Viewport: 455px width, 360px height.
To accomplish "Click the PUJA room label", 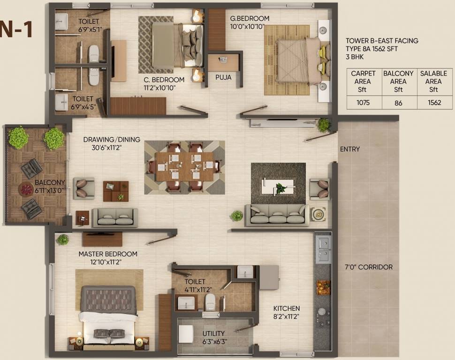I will coord(223,77).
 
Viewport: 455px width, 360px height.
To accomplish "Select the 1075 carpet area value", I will coord(363,102).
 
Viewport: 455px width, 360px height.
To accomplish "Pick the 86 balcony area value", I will coord(398,102).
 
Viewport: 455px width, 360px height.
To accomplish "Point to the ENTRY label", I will coord(350,149).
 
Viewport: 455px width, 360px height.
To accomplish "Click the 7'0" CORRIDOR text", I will coord(369,267).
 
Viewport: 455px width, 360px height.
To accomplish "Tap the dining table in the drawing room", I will coord(184,166).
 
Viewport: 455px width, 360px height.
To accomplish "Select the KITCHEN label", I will coord(287,308).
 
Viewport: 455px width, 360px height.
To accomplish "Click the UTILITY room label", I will coord(213,333).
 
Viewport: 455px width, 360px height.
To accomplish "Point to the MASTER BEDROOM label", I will coord(108,254).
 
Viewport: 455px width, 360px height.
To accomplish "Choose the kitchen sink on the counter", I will coord(323,249).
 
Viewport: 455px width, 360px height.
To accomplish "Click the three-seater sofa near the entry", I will coord(277,215).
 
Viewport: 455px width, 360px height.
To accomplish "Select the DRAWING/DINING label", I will coord(106,140).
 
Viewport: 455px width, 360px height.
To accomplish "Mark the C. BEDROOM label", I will coord(164,80).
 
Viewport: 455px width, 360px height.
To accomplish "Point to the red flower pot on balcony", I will coord(26,189).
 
